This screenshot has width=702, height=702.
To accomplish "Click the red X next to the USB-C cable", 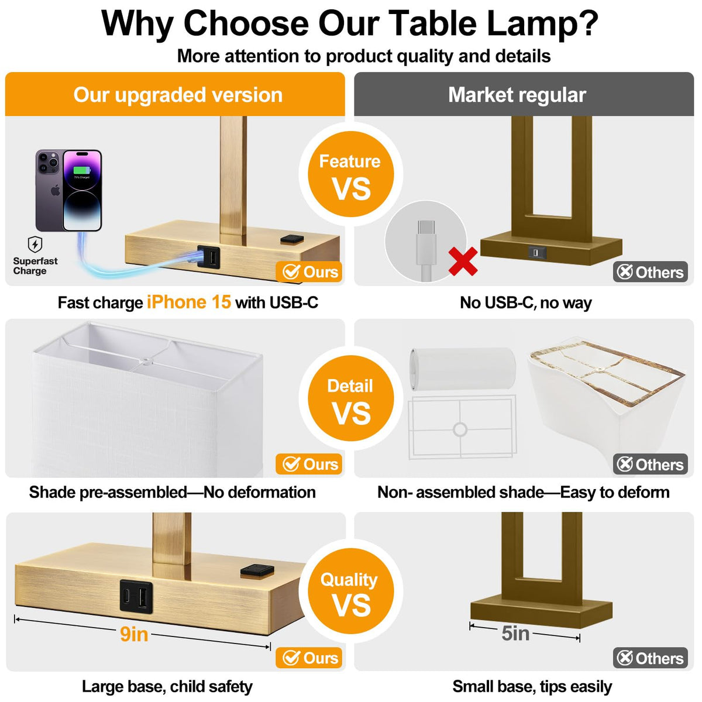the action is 463,261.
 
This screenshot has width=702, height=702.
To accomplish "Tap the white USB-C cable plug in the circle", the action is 426,242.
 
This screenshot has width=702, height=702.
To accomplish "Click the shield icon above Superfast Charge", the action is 35,244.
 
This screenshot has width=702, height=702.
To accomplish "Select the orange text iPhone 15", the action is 189,302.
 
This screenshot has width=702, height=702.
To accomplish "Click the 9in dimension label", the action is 134,634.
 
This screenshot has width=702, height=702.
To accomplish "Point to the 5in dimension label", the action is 515,633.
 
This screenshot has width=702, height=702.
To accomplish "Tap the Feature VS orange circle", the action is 351,174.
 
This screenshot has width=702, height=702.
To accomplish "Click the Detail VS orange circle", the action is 351,398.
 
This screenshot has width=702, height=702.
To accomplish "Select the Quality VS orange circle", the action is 351,591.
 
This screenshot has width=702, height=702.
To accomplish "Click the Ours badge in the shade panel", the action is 308,464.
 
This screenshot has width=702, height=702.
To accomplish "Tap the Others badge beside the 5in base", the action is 651,658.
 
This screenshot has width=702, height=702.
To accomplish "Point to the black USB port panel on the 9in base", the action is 136,596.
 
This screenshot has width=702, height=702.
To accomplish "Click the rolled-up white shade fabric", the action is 462,369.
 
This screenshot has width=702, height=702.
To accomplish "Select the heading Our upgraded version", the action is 178,95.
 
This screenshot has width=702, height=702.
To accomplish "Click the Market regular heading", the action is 517,95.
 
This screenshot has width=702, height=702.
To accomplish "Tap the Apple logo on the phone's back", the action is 56,190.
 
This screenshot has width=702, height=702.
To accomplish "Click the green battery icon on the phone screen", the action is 82,170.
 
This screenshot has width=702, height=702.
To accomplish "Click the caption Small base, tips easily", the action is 532,687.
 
